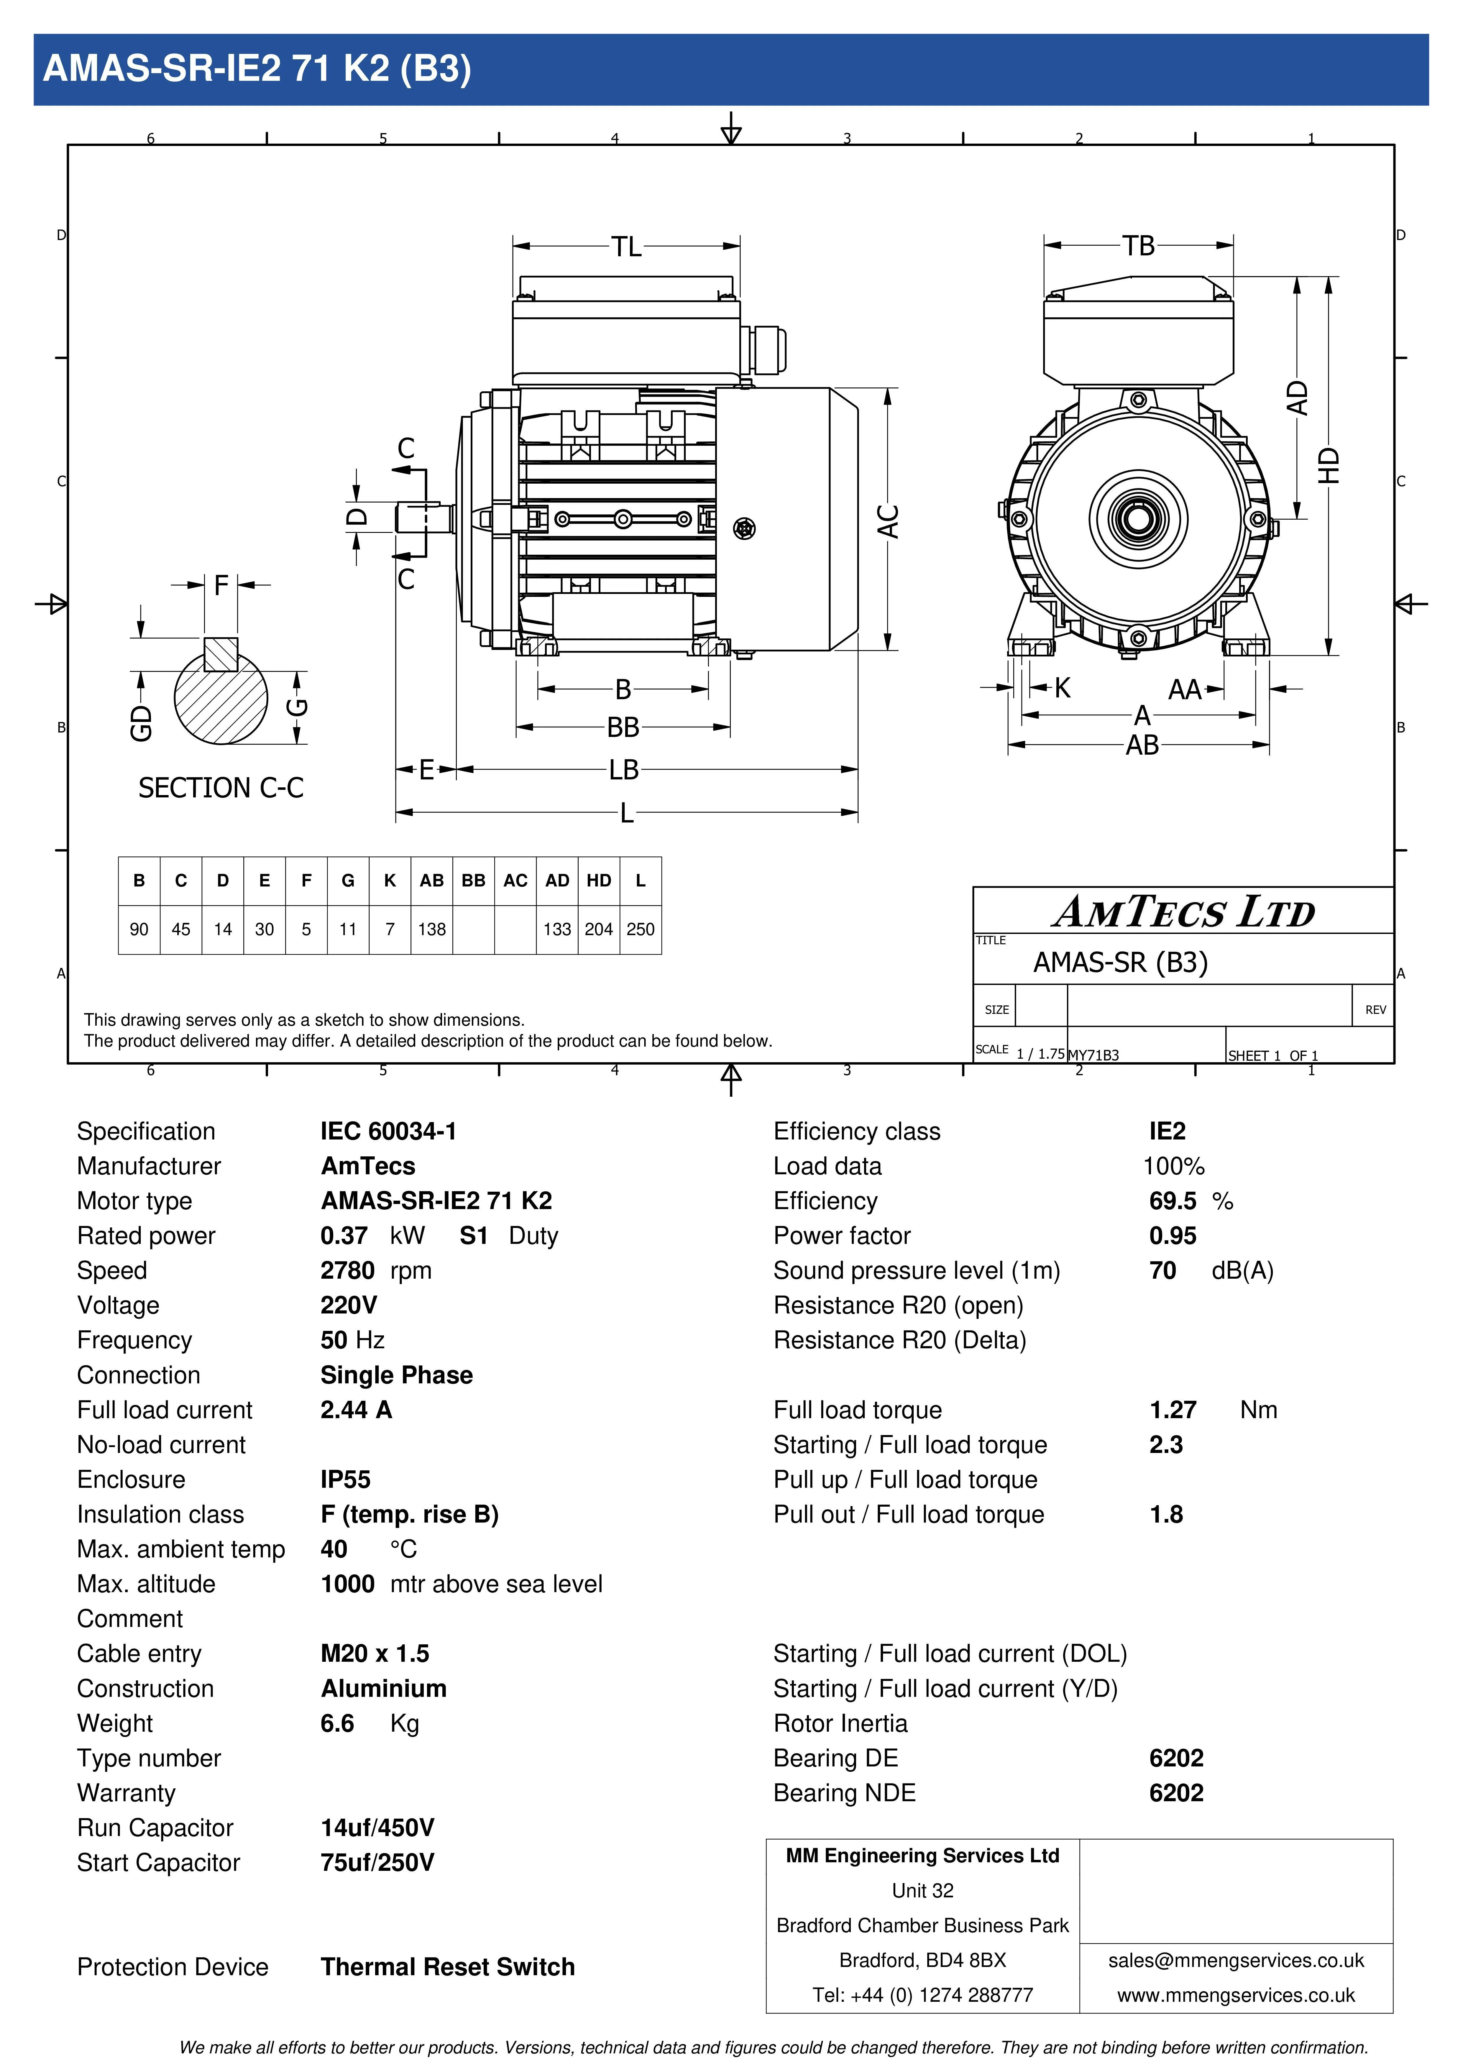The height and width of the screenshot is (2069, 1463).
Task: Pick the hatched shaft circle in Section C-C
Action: pos(221,699)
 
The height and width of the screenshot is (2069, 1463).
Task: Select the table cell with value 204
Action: pos(599,929)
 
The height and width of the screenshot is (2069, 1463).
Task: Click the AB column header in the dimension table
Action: pos(432,880)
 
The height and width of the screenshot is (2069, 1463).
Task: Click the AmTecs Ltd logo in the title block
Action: pos(1183,912)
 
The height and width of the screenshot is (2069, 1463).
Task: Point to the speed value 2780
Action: pos(347,1271)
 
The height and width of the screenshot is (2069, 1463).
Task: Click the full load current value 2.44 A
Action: pos(356,1409)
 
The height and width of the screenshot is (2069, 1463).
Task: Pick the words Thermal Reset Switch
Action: pos(448,1966)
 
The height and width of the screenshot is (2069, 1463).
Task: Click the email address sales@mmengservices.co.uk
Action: pos(1236,1960)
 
